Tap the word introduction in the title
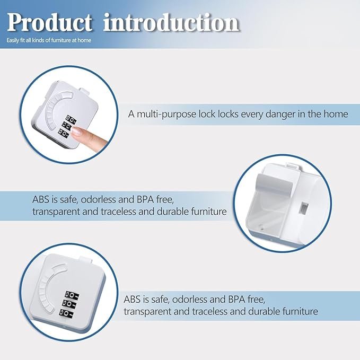(x=171, y=22)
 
